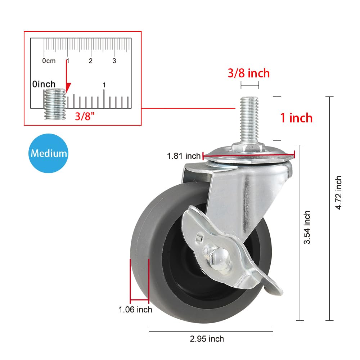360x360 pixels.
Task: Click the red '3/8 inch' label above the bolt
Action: coord(248,73)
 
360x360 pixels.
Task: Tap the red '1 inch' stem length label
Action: coord(296,118)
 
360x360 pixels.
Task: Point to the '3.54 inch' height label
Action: coord(307,228)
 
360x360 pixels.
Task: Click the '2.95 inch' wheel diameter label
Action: coord(207,339)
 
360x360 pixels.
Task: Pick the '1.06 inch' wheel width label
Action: coord(135,309)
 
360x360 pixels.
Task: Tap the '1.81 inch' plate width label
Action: coord(184,156)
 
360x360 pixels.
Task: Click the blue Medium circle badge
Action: coord(49,153)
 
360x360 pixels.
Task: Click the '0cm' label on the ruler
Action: coord(49,61)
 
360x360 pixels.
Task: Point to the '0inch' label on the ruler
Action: coord(44,84)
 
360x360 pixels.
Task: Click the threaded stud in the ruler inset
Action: coord(54,104)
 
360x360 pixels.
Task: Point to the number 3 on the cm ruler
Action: coord(114,60)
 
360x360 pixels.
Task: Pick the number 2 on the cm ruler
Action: coord(91,60)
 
